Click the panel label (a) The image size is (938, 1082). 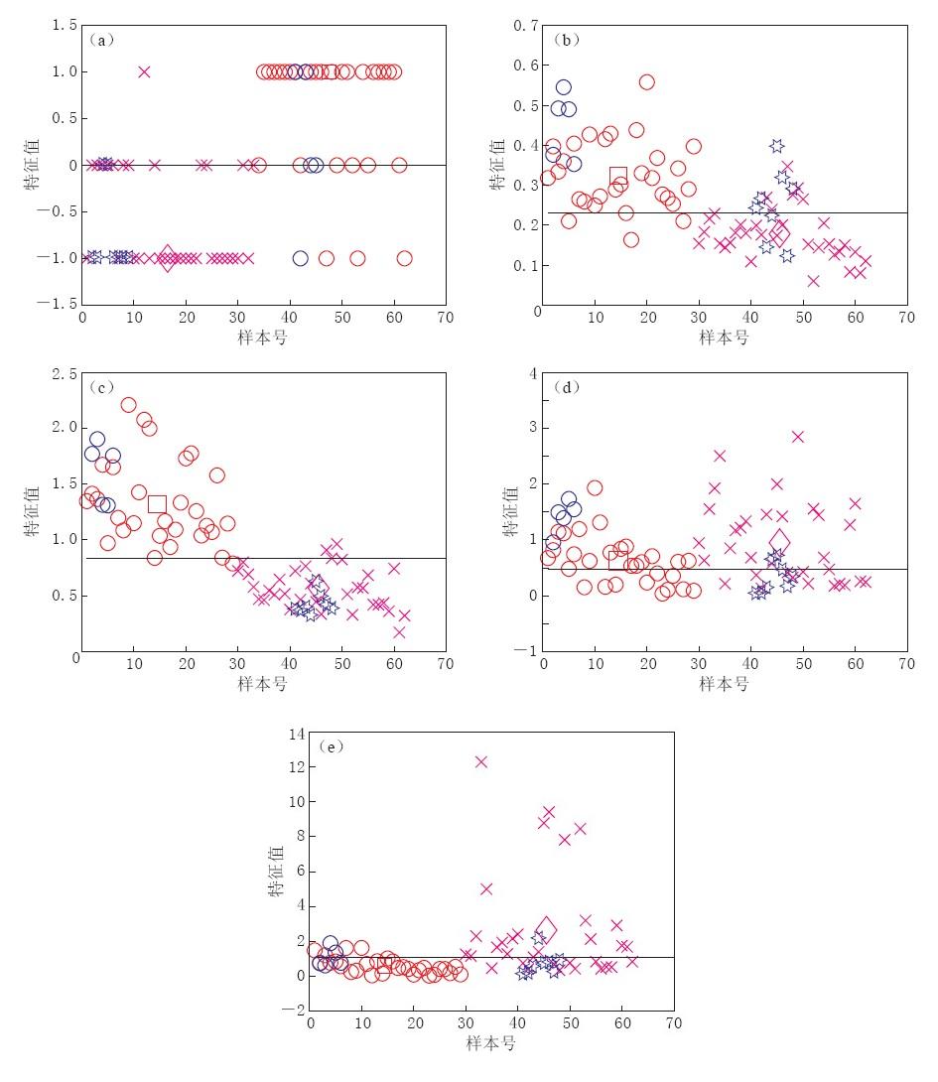(102, 41)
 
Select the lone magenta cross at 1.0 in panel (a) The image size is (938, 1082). (144, 71)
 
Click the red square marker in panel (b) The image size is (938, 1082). (618, 177)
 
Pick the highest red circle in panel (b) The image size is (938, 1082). (646, 82)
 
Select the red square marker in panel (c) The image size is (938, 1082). (157, 503)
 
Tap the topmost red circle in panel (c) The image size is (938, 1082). (128, 404)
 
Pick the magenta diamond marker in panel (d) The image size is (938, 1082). (779, 541)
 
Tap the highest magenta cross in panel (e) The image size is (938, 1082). (481, 761)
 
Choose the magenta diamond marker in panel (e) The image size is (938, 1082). (546, 929)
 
